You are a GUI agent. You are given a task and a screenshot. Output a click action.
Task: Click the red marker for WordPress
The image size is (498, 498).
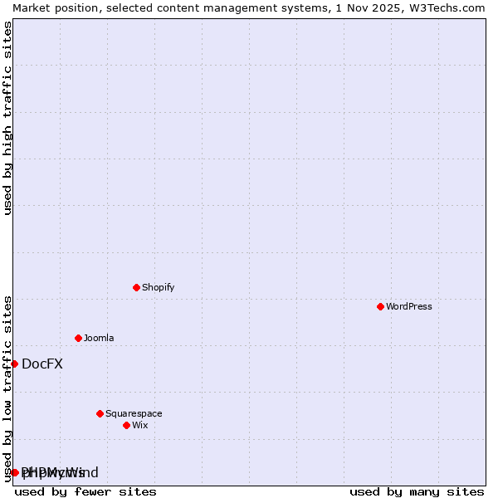380,306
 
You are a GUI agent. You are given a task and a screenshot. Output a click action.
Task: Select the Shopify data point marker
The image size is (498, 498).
136,287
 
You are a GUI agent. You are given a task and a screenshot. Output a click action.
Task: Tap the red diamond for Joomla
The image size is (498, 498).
78,338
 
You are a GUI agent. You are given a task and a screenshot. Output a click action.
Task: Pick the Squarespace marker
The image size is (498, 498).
100,413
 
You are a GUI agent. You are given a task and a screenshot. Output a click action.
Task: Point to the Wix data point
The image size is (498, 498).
126,425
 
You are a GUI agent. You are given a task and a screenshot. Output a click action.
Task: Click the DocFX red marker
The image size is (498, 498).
14,364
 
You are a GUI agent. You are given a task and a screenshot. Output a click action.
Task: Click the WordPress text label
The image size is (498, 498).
409,306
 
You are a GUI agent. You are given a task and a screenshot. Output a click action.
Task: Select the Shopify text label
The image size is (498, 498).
158,287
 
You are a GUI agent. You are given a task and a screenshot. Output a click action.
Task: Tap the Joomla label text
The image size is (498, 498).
99,338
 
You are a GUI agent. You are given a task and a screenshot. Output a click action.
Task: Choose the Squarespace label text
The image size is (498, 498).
134,413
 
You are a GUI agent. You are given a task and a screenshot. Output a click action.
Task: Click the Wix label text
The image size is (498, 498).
139,425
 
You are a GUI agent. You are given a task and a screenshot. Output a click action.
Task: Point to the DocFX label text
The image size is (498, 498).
42,364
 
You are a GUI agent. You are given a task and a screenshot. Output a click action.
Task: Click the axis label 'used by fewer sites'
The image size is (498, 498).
85,491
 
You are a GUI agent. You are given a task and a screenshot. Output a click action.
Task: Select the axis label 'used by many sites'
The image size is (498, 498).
417,491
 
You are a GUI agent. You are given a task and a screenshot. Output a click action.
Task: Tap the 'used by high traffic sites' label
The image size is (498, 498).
7,118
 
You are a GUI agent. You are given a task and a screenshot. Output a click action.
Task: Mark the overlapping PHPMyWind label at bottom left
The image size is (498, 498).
60,472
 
